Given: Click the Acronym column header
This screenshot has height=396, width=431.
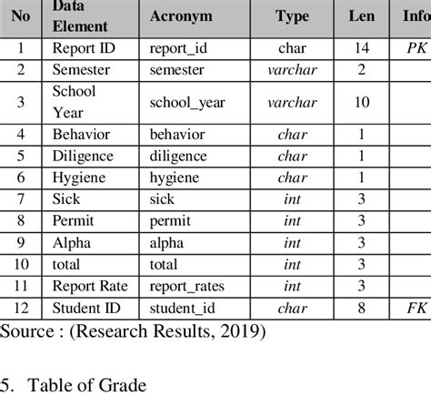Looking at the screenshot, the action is pyautogui.click(x=182, y=17).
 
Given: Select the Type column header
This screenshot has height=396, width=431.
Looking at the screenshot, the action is pyautogui.click(x=292, y=17).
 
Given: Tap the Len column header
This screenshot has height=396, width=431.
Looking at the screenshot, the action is pyautogui.click(x=361, y=17).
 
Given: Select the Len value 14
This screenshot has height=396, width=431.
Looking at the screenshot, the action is pyautogui.click(x=361, y=47).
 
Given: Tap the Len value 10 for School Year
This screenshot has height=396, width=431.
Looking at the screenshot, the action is pyautogui.click(x=361, y=102).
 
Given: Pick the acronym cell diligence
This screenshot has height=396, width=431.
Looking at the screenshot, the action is pyautogui.click(x=179, y=157).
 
